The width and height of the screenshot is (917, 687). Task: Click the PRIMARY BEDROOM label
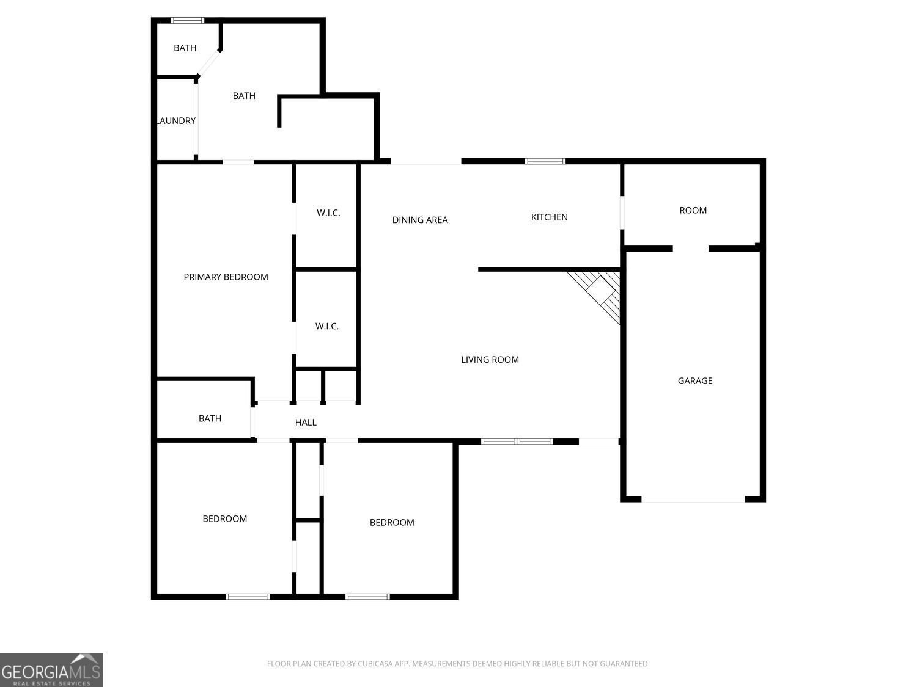click(226, 277)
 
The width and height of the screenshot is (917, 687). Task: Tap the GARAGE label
click(694, 381)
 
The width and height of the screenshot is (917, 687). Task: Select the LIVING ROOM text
click(490, 360)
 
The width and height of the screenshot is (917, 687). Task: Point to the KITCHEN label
click(549, 217)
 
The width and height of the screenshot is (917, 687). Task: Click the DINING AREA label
click(420, 220)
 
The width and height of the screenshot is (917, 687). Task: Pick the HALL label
click(306, 423)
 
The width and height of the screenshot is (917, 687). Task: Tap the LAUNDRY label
click(176, 121)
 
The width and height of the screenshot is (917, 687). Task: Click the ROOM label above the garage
click(693, 210)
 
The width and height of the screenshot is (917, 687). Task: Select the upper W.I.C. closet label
click(328, 213)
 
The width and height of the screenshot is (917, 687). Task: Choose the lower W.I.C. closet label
click(326, 326)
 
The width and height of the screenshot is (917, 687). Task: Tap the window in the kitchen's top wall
click(545, 161)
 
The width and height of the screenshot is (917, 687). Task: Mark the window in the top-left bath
click(187, 20)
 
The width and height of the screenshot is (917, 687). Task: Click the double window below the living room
click(517, 442)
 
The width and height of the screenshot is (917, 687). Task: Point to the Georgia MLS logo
click(51, 670)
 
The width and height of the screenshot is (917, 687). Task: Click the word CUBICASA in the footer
click(375, 664)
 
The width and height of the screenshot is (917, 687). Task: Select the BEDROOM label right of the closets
click(392, 522)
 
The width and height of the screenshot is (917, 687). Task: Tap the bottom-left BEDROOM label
click(225, 518)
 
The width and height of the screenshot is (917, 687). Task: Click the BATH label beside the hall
click(210, 418)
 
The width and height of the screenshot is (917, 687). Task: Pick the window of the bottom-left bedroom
click(248, 597)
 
